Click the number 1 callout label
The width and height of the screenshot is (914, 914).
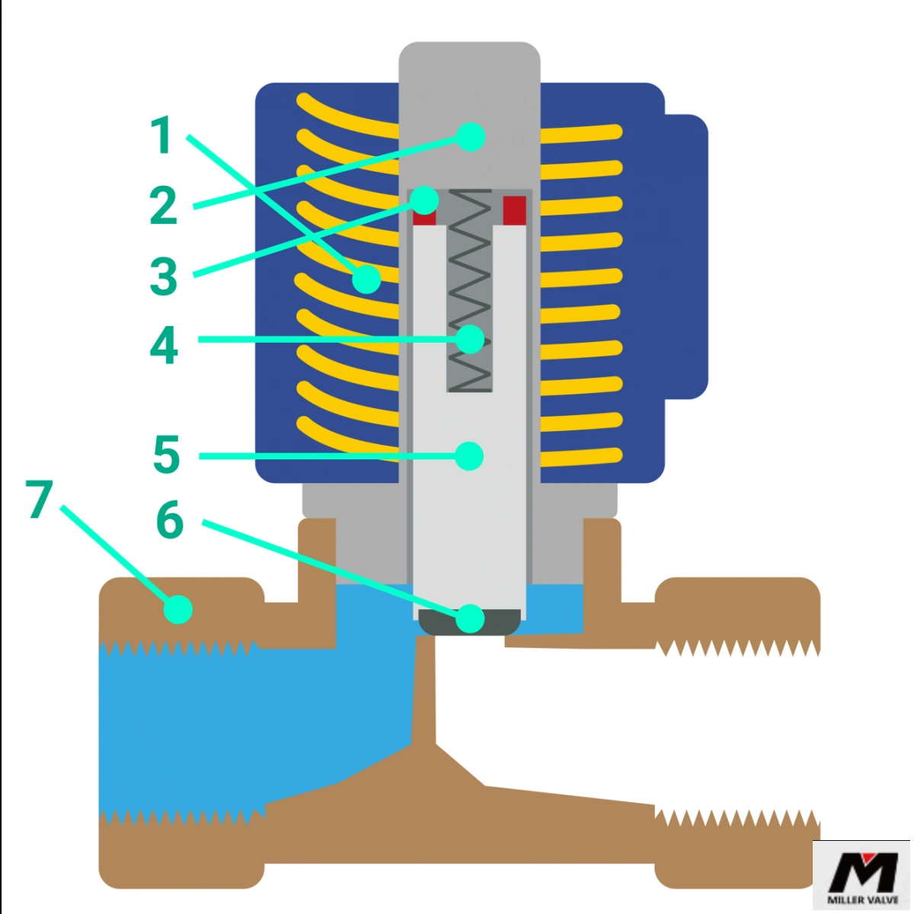(161, 136)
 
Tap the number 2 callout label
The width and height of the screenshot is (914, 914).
(163, 205)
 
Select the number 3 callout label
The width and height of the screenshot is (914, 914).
(163, 276)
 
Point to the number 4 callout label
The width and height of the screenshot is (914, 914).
(164, 345)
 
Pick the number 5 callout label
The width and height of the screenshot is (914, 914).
(166, 455)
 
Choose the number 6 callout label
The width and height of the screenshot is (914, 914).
(169, 521)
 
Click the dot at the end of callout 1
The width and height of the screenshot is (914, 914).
(366, 280)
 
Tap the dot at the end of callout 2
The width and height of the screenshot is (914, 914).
(471, 136)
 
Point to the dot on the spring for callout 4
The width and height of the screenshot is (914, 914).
(470, 339)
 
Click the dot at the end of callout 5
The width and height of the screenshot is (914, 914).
(469, 455)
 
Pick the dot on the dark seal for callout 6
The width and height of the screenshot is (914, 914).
(470, 618)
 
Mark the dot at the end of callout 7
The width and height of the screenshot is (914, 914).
(178, 609)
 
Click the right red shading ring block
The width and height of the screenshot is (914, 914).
(515, 210)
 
